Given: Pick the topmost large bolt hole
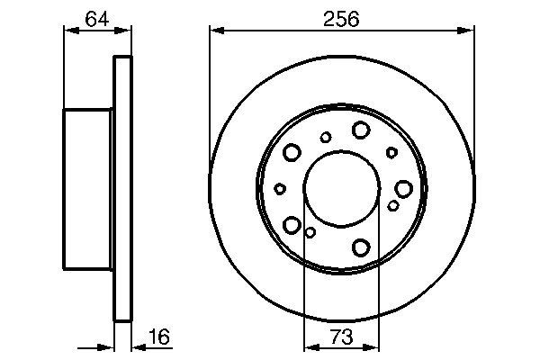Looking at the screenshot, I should coord(360,130).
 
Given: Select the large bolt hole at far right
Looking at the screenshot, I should coord(402,188).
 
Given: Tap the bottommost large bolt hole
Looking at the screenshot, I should coord(362,246).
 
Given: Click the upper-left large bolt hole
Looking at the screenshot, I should coord(292,152).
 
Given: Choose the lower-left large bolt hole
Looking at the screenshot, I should coord(292,223).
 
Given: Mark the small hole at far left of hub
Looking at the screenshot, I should coord(280,188).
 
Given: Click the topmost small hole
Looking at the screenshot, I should coord(326,137).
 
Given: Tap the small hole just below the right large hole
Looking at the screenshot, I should coord(393,206).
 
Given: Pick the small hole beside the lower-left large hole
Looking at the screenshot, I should coord(310,232).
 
